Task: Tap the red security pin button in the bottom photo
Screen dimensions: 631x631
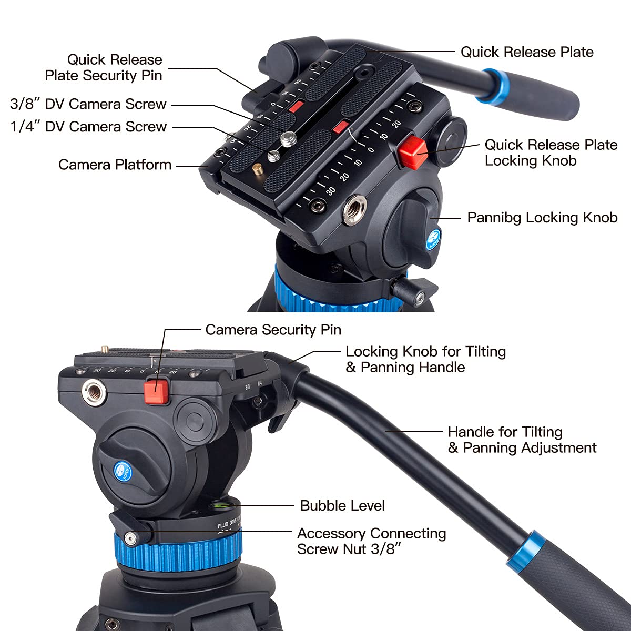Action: tap(156, 392)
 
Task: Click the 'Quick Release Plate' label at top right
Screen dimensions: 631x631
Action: tap(527, 52)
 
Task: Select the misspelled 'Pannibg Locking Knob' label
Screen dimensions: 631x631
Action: tap(542, 218)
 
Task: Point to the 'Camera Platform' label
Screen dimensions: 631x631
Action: tap(115, 165)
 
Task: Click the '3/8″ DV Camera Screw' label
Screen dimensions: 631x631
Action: tap(88, 104)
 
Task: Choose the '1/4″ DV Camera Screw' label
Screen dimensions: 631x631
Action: tap(88, 127)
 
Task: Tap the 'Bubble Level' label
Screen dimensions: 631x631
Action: tap(342, 506)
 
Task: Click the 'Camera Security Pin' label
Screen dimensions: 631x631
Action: tap(273, 330)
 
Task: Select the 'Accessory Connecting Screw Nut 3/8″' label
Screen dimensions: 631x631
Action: tap(371, 541)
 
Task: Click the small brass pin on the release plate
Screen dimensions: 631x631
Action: tap(258, 169)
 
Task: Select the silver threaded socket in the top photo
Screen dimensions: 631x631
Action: tap(352, 211)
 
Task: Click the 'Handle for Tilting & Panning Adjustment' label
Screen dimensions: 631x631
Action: tap(522, 440)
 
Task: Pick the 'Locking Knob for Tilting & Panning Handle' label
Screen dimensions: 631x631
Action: tap(425, 359)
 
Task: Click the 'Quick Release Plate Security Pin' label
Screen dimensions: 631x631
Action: tap(104, 67)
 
